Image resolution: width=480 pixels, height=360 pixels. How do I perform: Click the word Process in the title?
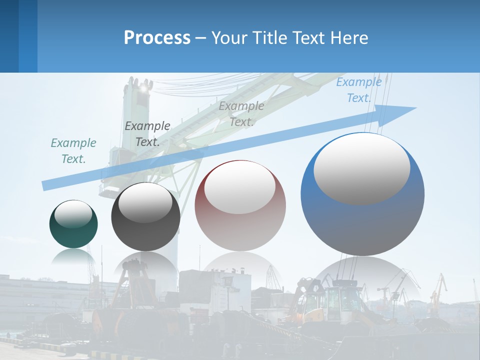[x=157, y=38]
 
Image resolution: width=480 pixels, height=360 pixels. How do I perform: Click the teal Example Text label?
[x=73, y=151]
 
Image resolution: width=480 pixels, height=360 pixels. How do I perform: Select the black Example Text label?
[x=147, y=134]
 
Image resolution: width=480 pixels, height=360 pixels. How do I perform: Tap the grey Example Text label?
[x=241, y=113]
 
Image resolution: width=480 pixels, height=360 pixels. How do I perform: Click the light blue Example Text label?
[x=359, y=90]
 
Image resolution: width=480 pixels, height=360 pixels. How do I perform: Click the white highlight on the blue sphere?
[x=362, y=168]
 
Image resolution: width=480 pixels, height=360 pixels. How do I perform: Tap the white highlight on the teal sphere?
[x=73, y=214]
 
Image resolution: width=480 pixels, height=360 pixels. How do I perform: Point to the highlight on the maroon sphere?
[x=239, y=186]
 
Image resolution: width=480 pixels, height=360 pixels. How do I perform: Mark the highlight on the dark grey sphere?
[x=145, y=202]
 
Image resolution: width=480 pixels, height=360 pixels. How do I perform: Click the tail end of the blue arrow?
[x=44, y=185]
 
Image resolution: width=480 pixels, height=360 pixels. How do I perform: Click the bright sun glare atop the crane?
[x=145, y=87]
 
